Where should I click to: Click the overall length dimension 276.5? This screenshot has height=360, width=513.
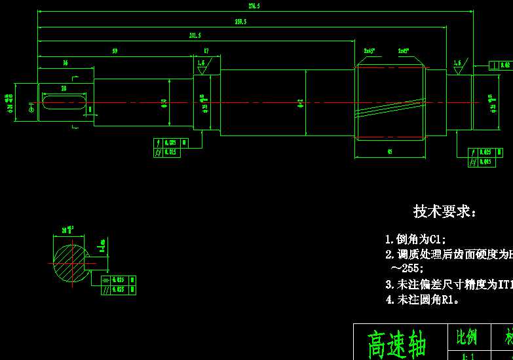click(x=254, y=6)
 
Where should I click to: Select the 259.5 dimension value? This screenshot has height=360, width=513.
click(x=240, y=22)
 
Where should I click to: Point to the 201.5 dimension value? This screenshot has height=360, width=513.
click(x=195, y=35)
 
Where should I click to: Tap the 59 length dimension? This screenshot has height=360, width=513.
click(x=115, y=51)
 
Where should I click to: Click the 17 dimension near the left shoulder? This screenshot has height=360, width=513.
click(x=206, y=51)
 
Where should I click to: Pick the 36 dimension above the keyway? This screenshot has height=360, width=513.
click(x=65, y=63)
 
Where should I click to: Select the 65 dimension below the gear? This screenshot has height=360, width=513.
click(x=390, y=152)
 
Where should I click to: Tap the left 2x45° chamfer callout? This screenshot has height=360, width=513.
click(x=370, y=50)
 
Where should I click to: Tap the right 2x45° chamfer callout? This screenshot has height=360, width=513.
click(x=404, y=50)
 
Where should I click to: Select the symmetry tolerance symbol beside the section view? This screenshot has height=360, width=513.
click(x=105, y=280)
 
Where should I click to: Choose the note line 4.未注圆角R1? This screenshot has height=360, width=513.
click(x=423, y=300)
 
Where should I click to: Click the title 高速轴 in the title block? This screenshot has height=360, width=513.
click(x=398, y=344)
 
